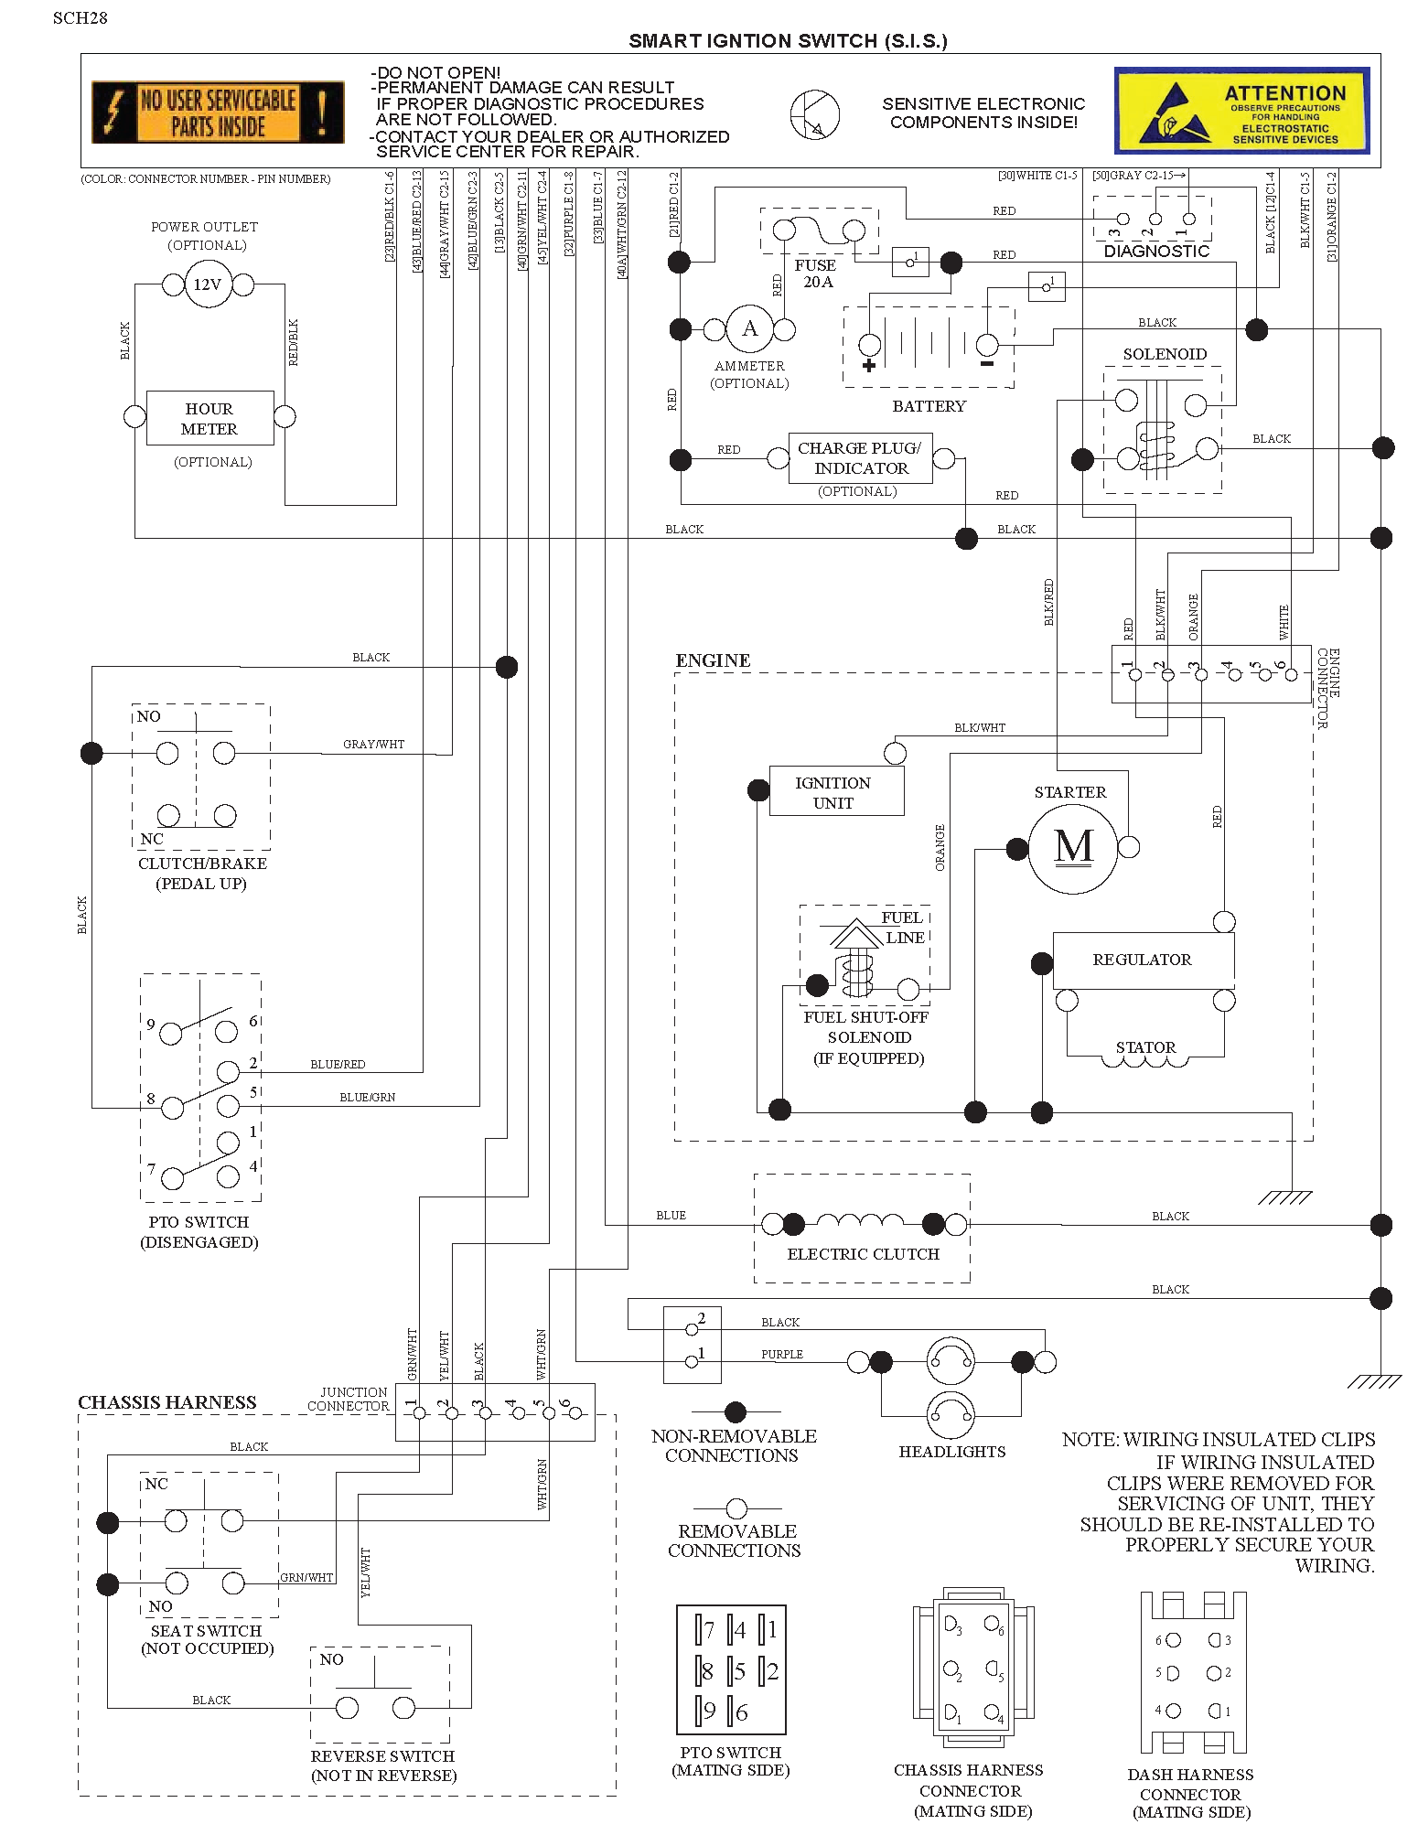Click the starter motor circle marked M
point(1073,848)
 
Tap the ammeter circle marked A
point(749,329)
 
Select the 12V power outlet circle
point(208,284)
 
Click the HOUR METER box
point(209,418)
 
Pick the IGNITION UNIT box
point(836,791)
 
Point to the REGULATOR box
point(1144,960)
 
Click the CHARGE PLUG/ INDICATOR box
point(860,457)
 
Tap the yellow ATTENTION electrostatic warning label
point(1241,110)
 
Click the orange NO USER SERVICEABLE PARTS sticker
point(218,113)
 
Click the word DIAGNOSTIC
point(1156,252)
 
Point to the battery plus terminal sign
point(868,366)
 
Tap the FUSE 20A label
point(816,274)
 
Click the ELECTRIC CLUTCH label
point(863,1254)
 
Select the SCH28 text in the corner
point(81,18)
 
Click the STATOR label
point(1145,1047)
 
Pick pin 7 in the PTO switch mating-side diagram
point(705,1630)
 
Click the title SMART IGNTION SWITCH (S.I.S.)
point(788,41)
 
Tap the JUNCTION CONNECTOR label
point(349,1399)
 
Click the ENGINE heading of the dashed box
point(713,660)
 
